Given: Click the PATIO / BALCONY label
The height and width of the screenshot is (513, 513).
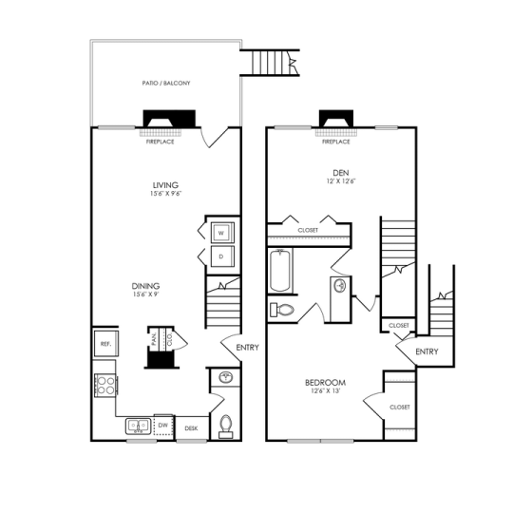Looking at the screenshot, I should (167, 84).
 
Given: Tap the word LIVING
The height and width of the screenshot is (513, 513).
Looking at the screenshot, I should (166, 185).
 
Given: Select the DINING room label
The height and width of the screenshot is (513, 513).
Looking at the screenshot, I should (145, 286).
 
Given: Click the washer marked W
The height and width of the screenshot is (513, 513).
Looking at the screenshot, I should (219, 233).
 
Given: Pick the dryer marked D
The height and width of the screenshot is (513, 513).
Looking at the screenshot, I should (219, 256).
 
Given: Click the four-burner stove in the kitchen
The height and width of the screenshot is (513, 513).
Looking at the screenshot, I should (104, 386).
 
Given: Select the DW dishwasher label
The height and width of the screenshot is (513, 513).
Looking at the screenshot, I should (163, 426).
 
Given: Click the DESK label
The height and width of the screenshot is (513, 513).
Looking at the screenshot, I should (190, 428).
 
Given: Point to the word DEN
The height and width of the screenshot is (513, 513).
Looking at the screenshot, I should (329, 173).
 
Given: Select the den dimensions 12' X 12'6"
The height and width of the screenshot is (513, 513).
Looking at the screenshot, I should (329, 181).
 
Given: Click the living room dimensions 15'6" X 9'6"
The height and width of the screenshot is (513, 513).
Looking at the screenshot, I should (166, 194).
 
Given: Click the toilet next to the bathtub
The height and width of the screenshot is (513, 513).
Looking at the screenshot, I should (283, 309).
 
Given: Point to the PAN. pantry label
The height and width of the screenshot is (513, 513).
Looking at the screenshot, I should (154, 337).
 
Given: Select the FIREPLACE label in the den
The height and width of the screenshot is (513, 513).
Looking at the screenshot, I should (335, 142).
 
